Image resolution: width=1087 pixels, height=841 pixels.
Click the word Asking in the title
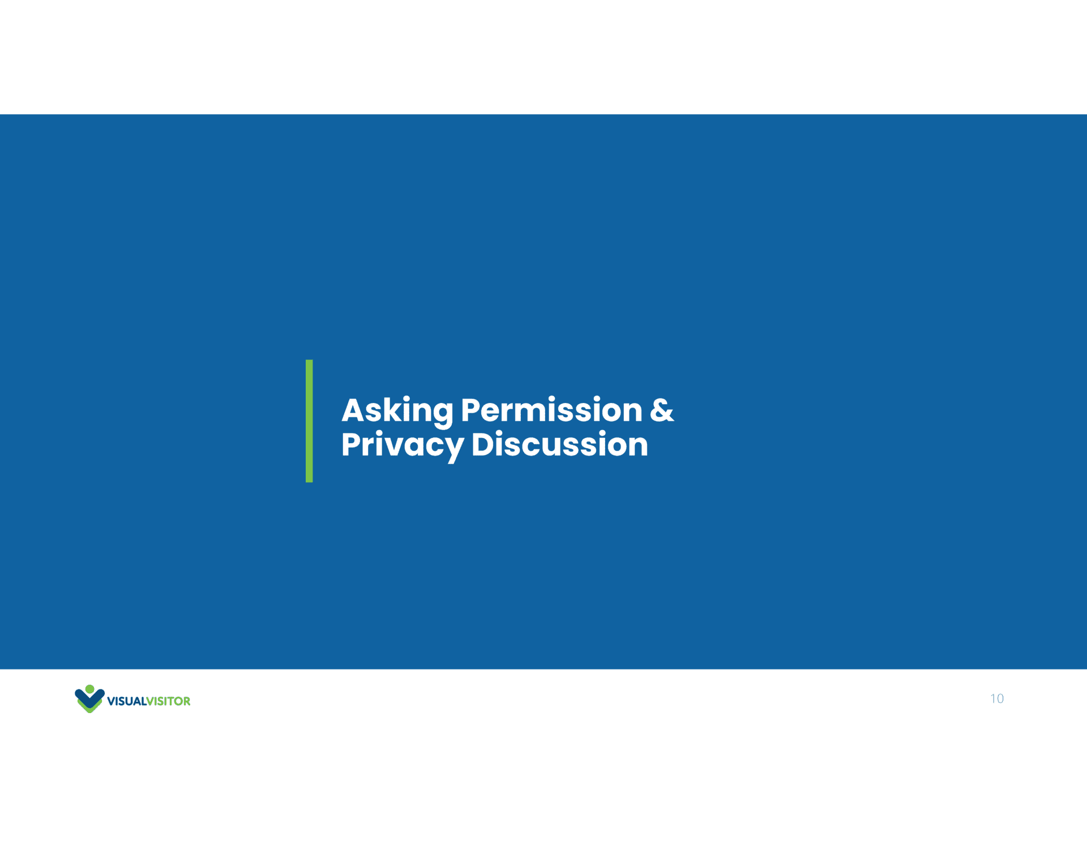pos(397,411)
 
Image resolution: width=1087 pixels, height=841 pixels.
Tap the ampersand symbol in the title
pos(662,410)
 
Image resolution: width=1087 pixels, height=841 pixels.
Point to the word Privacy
pos(403,445)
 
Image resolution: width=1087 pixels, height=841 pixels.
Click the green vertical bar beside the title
pos(309,421)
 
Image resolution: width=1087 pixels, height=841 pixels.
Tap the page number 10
pos(997,698)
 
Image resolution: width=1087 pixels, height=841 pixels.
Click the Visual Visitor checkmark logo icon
pos(89,699)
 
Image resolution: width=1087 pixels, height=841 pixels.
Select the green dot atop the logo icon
pos(89,689)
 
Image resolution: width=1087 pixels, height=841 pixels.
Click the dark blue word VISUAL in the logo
pos(127,701)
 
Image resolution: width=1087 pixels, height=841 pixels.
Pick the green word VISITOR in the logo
pos(169,701)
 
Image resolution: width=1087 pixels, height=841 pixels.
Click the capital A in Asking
pos(354,410)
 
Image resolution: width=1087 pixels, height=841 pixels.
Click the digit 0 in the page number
pos(1000,698)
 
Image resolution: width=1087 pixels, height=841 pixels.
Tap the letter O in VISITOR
pos(177,701)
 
